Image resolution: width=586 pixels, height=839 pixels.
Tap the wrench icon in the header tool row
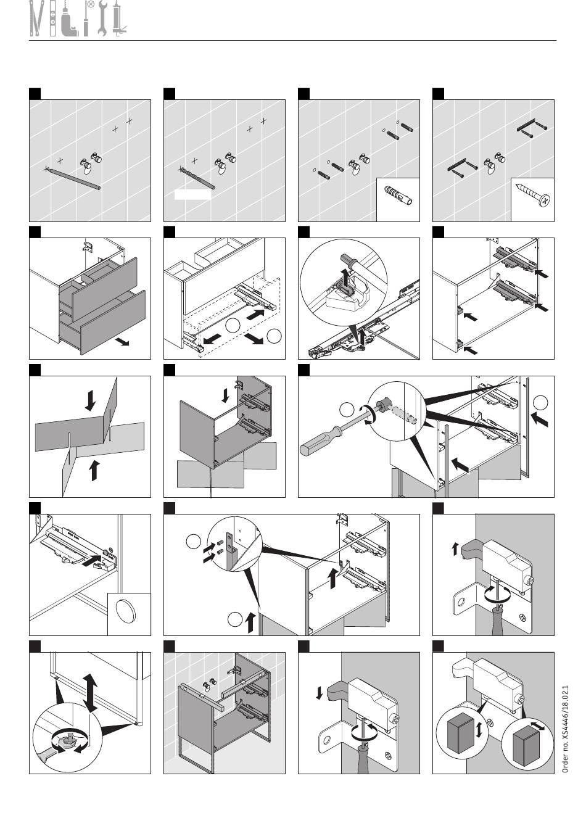click(102, 19)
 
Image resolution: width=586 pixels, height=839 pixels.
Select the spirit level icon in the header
click(53, 19)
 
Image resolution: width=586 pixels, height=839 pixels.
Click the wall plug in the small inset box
click(398, 196)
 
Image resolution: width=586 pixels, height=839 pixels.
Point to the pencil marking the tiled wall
click(72, 179)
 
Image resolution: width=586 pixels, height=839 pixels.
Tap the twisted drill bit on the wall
click(197, 178)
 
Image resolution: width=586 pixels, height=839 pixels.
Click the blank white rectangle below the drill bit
click(193, 194)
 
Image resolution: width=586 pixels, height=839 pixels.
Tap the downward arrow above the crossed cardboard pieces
click(90, 400)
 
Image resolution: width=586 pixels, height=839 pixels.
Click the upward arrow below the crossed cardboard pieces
click(94, 471)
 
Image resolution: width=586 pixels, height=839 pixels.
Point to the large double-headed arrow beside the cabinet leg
click(90, 692)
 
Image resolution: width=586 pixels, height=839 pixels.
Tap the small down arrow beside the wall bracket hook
click(319, 693)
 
